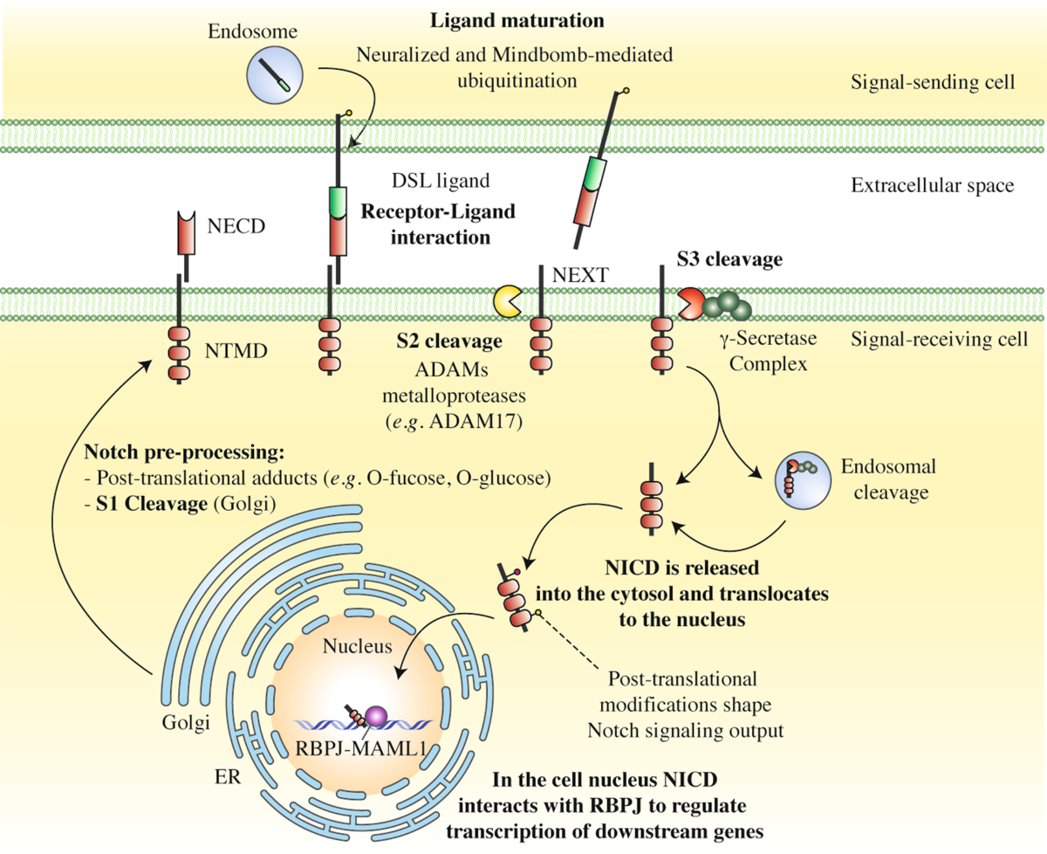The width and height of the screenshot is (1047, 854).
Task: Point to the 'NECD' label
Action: [236, 228]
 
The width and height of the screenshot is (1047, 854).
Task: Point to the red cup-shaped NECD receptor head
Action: [186, 231]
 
